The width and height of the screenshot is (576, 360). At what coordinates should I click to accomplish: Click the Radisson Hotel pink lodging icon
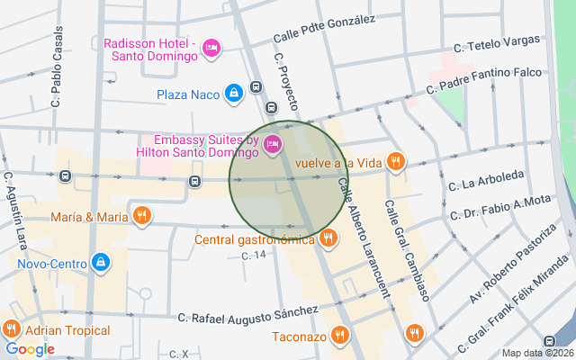coord(211,46)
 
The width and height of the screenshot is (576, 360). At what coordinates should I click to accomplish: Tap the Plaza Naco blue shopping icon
coord(233,93)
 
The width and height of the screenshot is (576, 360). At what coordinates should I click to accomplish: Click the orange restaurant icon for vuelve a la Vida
coord(395,162)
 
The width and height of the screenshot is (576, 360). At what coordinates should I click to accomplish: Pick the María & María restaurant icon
coord(141,216)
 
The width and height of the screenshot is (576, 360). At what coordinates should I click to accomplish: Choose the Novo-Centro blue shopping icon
coord(100,263)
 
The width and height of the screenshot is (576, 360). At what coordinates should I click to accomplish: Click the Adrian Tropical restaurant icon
coord(12,329)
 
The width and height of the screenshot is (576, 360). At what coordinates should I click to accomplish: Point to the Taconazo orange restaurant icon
coord(339,337)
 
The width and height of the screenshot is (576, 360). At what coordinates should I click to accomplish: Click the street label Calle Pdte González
coord(324,30)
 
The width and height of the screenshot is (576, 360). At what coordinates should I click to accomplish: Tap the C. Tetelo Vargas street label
coord(497,43)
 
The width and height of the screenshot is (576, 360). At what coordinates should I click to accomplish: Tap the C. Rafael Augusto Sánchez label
coord(248,314)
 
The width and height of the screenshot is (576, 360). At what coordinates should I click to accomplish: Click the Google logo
coord(30,349)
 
